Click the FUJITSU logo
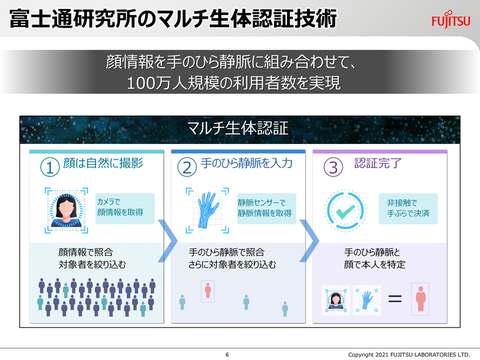coord(452,20)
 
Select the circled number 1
coord(47,166)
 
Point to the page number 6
coord(227,353)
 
